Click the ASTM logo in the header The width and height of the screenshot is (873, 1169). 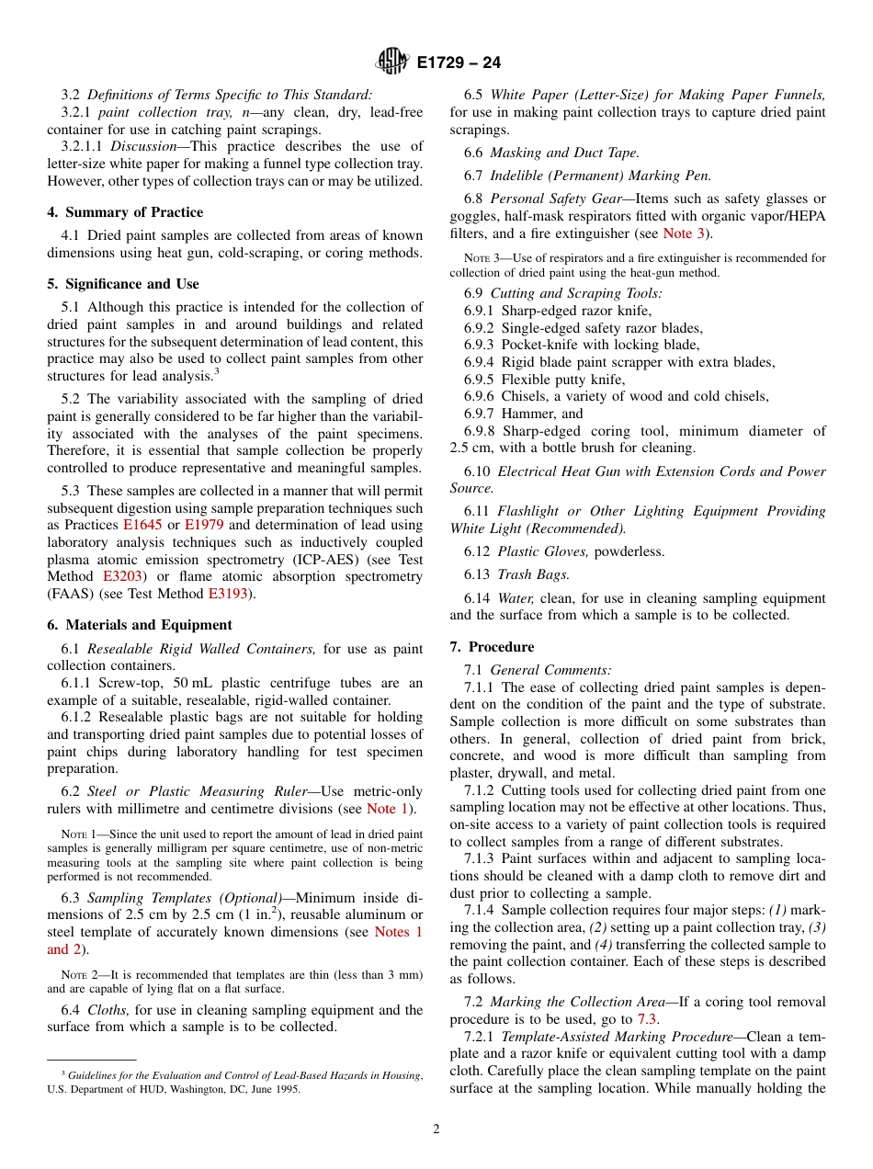(x=392, y=62)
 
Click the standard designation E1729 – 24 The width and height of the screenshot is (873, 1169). (x=458, y=63)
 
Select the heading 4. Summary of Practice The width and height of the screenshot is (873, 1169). (x=125, y=212)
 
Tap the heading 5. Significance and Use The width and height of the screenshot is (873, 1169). (x=123, y=284)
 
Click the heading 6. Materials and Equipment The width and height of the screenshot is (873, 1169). (x=140, y=625)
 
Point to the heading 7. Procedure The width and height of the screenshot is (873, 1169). (x=492, y=647)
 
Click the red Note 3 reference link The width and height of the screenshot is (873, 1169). (x=684, y=233)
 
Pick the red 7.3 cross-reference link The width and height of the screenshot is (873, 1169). (x=647, y=1019)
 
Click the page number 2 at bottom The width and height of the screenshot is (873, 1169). (x=436, y=1129)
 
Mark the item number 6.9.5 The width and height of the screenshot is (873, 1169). (x=480, y=380)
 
